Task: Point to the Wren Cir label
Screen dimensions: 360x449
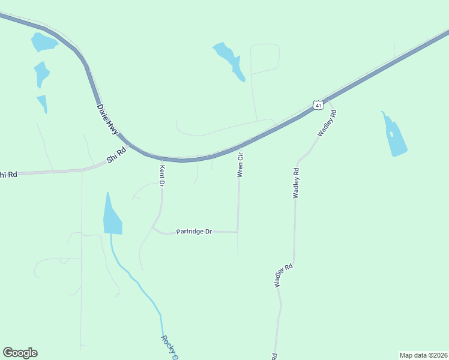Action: tap(241, 164)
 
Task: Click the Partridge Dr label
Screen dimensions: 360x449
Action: tap(194, 232)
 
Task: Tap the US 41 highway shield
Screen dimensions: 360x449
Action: tap(318, 105)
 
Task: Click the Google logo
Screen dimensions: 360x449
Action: tap(20, 352)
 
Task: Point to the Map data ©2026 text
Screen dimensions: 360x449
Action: tap(423, 355)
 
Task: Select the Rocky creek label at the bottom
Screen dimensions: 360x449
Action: tap(169, 347)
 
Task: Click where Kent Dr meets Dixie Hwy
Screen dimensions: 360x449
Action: tap(160, 159)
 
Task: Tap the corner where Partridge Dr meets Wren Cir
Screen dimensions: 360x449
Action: tap(238, 231)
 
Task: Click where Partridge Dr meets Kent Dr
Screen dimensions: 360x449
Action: tap(154, 228)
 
